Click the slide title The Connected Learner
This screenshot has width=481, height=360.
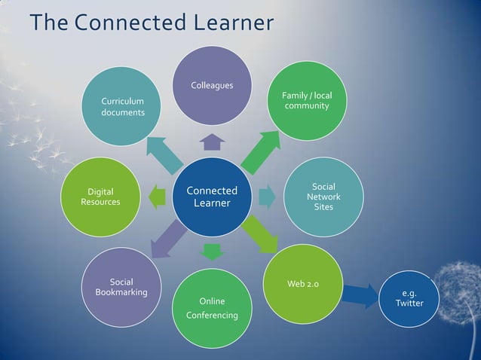click(151, 24)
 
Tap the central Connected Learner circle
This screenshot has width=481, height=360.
click(211, 197)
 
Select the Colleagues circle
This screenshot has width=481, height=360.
click(213, 85)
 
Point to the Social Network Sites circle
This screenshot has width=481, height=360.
click(323, 197)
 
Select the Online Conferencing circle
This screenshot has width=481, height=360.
click(212, 308)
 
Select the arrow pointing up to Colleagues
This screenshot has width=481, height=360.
click(213, 142)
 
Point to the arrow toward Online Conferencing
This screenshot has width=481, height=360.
click(213, 251)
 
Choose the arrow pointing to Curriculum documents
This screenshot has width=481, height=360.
click(165, 154)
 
